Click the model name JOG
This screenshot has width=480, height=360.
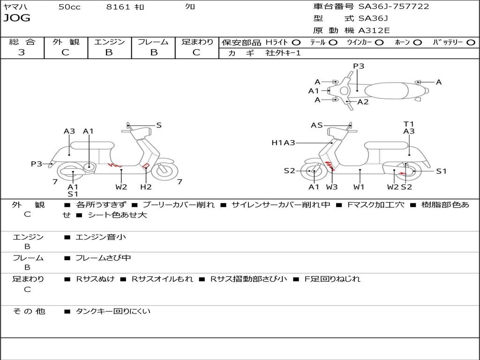click(x=17, y=18)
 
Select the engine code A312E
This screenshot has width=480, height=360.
click(x=374, y=30)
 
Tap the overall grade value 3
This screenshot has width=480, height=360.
click(x=22, y=52)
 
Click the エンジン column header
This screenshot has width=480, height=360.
click(x=109, y=42)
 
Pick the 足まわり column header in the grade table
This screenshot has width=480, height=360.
click(x=197, y=42)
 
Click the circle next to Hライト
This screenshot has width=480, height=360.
click(x=296, y=42)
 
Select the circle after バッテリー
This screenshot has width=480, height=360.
click(x=471, y=42)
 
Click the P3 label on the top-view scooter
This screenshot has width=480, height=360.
click(x=359, y=66)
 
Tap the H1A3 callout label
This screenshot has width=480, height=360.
click(x=283, y=142)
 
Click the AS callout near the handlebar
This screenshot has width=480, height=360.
click(x=317, y=125)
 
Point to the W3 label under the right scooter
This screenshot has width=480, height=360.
click(x=332, y=187)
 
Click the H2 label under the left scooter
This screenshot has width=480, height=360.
click(x=146, y=187)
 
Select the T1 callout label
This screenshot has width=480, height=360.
click(x=409, y=124)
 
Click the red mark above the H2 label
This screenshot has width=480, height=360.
click(x=146, y=166)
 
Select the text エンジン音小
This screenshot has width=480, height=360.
click(x=101, y=237)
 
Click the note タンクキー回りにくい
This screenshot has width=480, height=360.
click(x=113, y=311)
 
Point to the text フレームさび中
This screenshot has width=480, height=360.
click(x=103, y=258)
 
